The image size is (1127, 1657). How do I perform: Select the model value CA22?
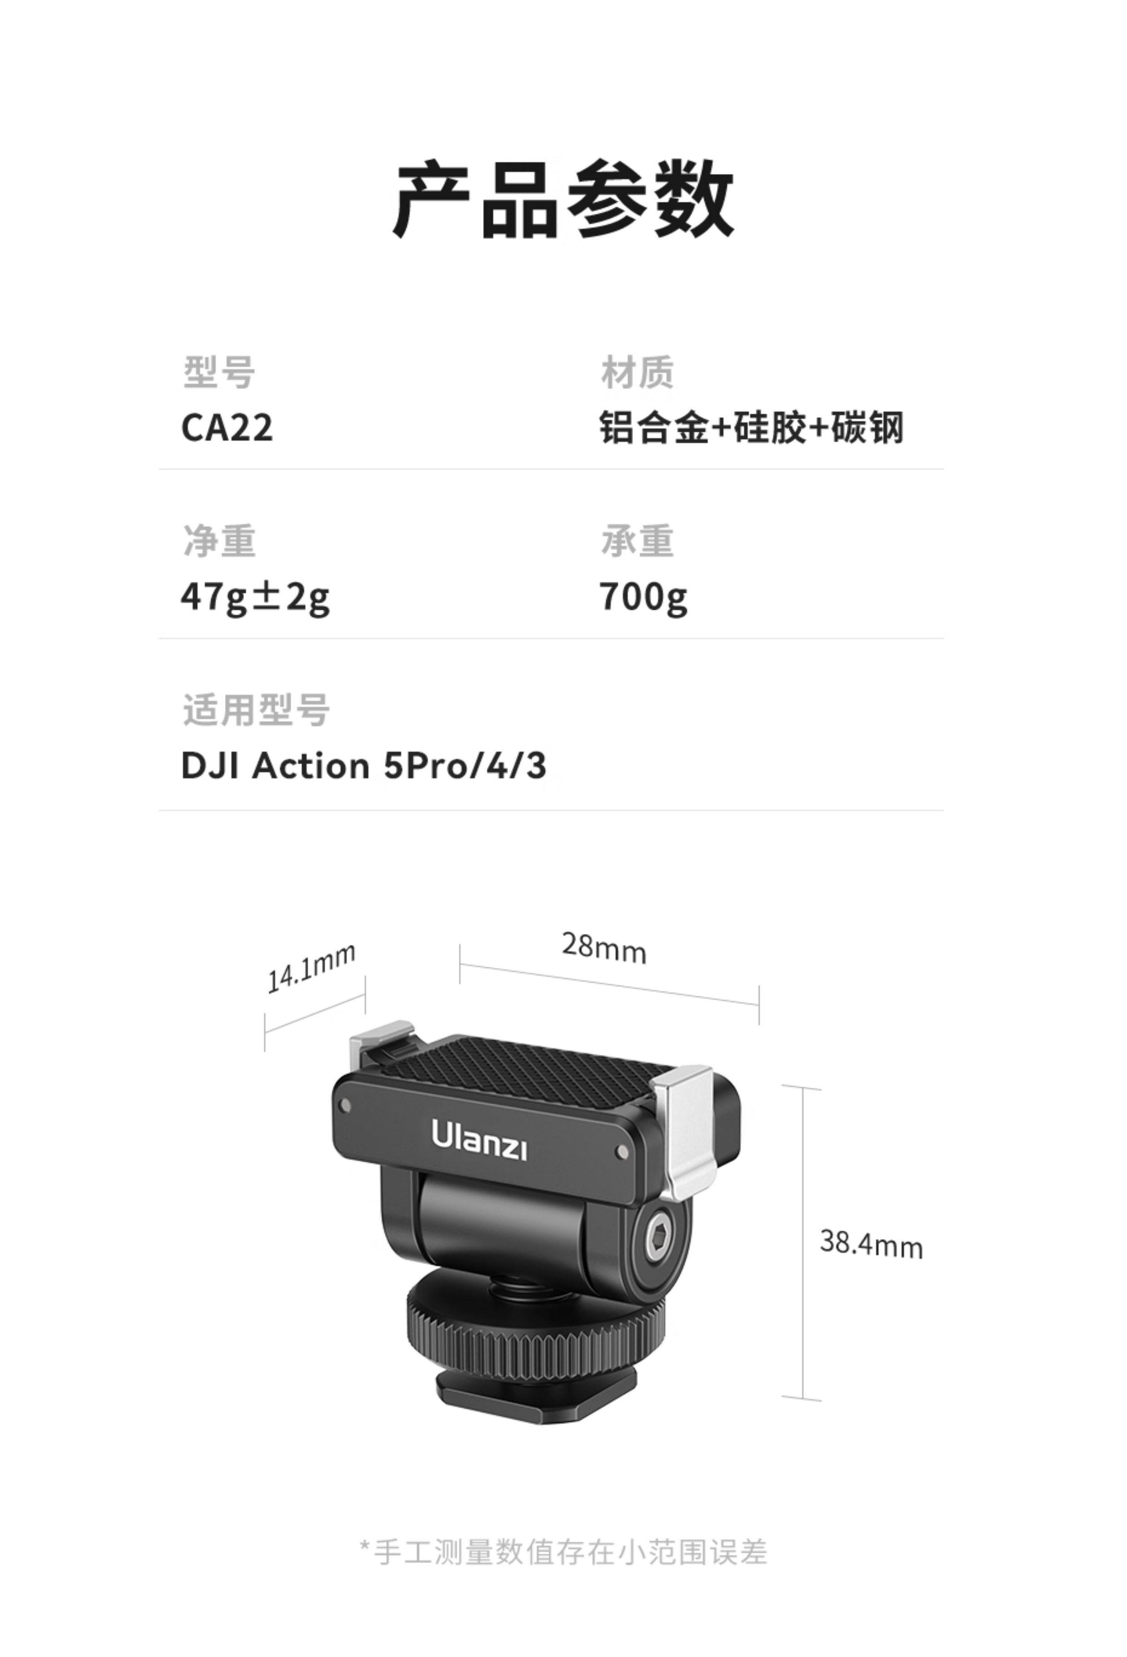click(x=227, y=428)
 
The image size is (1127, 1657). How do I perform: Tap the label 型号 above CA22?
click(x=218, y=372)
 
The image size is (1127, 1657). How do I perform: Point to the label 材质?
click(x=636, y=372)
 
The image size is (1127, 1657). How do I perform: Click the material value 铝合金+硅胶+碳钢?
click(x=750, y=428)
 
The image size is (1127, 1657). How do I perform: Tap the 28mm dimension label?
click(x=603, y=948)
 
